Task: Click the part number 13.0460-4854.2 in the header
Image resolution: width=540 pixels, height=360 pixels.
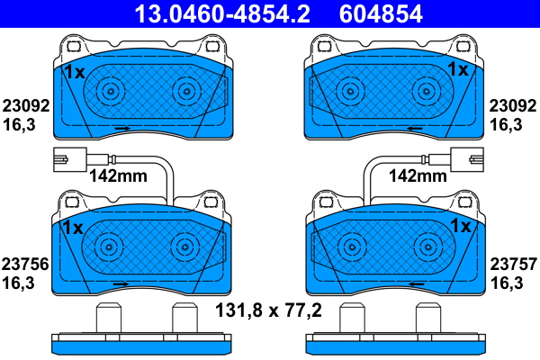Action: [x=222, y=13]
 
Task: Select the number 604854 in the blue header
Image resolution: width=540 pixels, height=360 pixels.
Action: [x=381, y=13]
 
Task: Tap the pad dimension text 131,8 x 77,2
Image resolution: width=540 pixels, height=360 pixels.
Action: [x=268, y=310]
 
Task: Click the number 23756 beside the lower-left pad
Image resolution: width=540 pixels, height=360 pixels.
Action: [x=25, y=265]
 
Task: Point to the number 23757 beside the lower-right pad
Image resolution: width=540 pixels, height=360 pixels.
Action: [x=514, y=265]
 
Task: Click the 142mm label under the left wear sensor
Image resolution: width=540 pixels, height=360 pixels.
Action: [x=118, y=175]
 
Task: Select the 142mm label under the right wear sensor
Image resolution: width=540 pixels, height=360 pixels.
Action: [x=418, y=175]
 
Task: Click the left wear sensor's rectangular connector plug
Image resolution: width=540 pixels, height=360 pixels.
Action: [x=70, y=159]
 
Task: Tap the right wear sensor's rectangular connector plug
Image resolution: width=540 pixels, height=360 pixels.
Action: [x=466, y=159]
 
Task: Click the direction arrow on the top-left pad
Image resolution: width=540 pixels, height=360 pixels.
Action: [x=122, y=128]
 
